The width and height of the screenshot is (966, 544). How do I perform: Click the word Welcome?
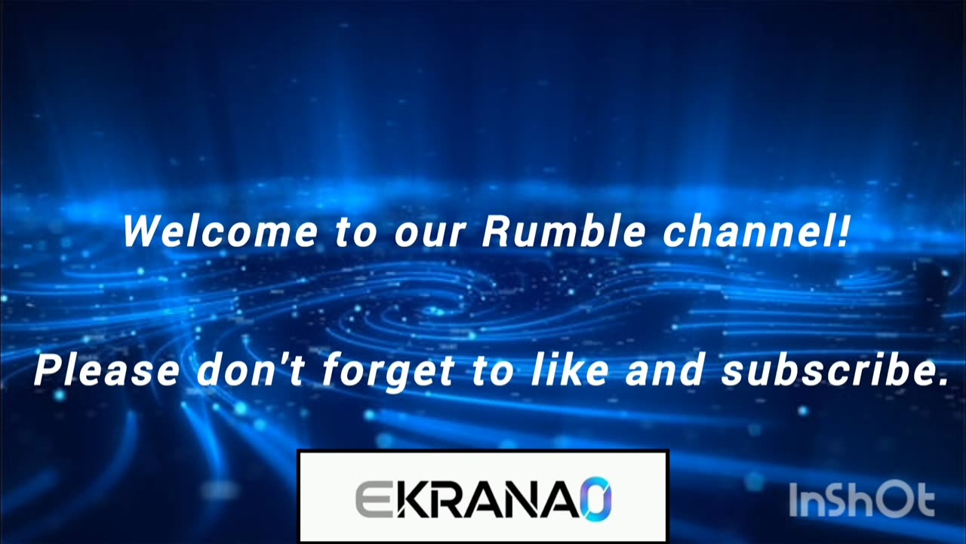[220, 231]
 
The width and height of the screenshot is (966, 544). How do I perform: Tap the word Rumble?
[564, 231]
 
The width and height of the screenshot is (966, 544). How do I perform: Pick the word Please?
[107, 370]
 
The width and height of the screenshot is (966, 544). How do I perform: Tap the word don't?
[251, 370]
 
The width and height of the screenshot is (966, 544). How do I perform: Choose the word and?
[664, 370]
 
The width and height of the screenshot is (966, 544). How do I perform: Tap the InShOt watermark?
[862, 500]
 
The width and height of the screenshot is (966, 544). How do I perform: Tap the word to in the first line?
[355, 234]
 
